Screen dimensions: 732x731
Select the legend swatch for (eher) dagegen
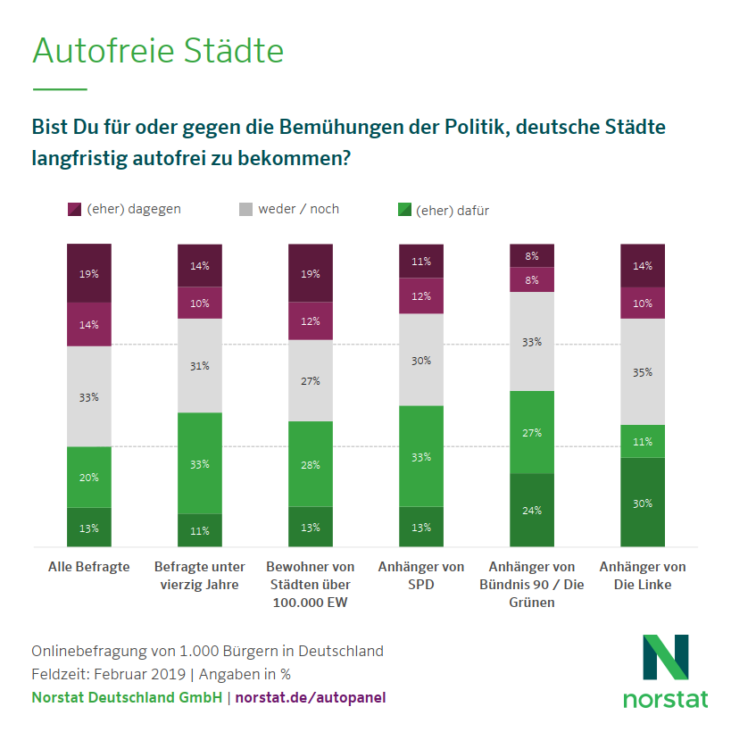coord(75,210)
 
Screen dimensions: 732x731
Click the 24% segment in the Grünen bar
coord(532,510)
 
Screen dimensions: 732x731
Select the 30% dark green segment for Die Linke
coord(643,502)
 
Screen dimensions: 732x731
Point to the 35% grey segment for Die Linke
coord(643,371)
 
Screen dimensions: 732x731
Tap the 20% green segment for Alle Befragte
coord(89,477)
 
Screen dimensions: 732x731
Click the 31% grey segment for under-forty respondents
coord(200,365)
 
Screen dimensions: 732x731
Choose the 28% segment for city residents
coord(311,464)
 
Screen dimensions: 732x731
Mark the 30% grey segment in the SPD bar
coord(421,360)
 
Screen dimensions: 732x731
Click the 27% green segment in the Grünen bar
coord(532,432)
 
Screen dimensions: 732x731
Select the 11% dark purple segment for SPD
coord(421,261)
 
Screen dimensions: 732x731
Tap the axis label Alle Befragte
coord(88,567)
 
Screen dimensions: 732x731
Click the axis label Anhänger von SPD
coord(421,576)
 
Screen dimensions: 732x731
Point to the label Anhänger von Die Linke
coord(643,576)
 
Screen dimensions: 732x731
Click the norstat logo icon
coord(665,657)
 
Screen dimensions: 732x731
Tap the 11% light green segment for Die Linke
coord(643,441)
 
